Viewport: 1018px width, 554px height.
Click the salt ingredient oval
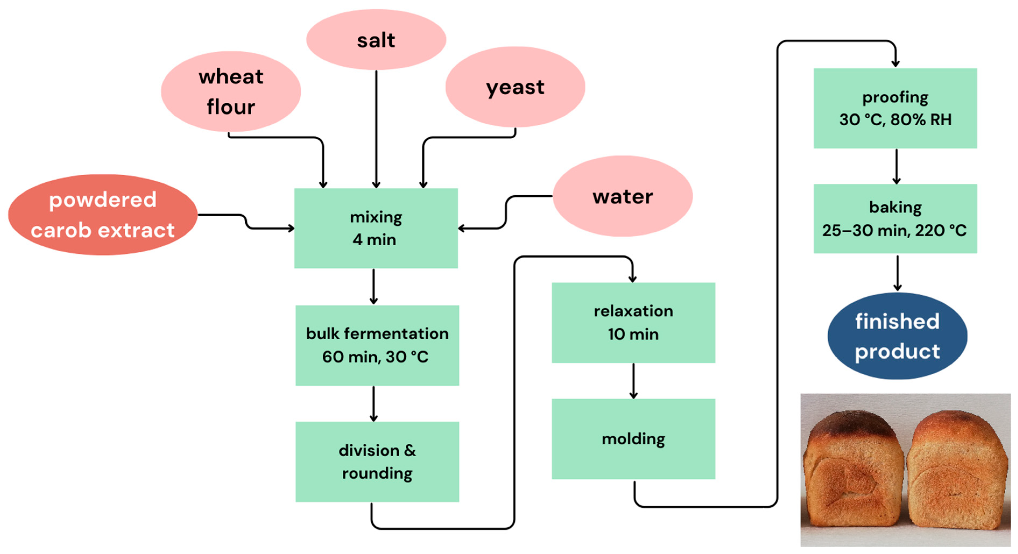(x=376, y=40)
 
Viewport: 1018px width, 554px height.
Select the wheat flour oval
(x=231, y=91)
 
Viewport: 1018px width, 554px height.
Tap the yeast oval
(x=515, y=87)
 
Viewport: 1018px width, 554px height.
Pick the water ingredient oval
(x=623, y=196)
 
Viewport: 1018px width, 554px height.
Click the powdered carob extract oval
(x=103, y=215)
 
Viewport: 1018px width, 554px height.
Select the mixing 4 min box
(x=376, y=228)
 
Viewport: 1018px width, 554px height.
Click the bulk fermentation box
(x=377, y=345)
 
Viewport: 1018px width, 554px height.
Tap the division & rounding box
(x=377, y=461)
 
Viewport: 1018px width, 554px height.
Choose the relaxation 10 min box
(x=633, y=322)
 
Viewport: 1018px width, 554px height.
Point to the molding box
(x=633, y=439)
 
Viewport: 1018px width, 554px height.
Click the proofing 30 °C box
(x=895, y=108)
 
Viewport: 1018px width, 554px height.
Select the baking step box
(x=895, y=219)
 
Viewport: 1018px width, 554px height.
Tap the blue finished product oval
(x=897, y=336)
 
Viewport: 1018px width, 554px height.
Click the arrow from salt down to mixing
(x=376, y=130)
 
